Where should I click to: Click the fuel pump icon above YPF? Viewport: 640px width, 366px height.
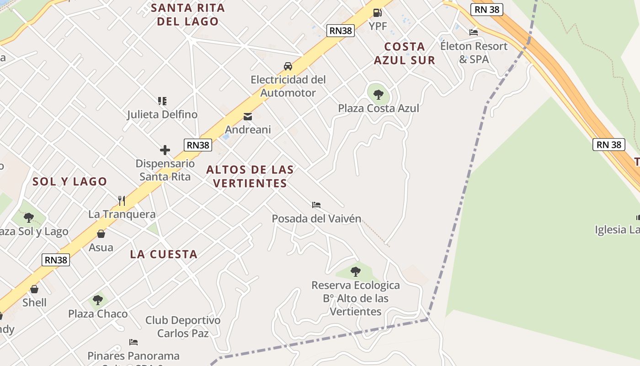[377, 13]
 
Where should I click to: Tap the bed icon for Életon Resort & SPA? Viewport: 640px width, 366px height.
[474, 32]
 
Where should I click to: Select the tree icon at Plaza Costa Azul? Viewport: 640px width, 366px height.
[378, 95]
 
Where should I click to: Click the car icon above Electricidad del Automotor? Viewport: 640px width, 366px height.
[288, 66]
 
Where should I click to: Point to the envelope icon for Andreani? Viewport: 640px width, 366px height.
[248, 117]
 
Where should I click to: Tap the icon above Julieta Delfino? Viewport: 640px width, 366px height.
[162, 101]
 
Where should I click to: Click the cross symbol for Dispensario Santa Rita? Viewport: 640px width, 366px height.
[165, 150]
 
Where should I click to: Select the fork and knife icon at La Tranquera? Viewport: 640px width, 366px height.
[122, 200]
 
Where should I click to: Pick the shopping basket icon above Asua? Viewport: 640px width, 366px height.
[101, 234]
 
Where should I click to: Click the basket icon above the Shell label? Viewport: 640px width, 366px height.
[34, 289]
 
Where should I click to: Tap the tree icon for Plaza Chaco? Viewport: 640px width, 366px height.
[98, 300]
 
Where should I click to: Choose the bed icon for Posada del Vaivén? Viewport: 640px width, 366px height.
[316, 205]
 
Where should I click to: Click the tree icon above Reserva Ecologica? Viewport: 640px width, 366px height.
[355, 272]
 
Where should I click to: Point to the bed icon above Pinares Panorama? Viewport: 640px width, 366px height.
[133, 342]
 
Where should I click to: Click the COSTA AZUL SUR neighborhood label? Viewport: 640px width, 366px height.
[405, 53]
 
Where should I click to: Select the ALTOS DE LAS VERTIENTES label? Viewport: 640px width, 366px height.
[250, 176]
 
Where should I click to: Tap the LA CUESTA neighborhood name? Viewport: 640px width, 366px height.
[164, 254]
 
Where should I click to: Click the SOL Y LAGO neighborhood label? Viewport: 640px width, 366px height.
[69, 182]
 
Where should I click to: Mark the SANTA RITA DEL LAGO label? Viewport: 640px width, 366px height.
[188, 14]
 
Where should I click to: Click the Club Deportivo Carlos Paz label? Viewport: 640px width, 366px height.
[183, 327]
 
